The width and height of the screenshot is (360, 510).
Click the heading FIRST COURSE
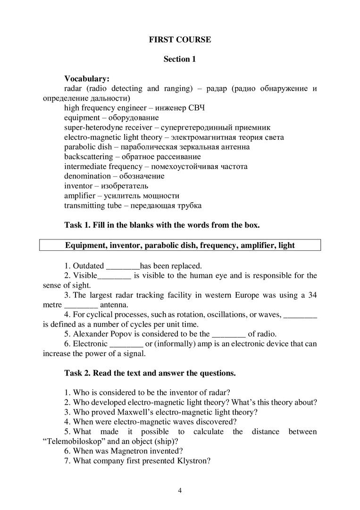tap(180, 40)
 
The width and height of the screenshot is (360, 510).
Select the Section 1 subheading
tap(179, 59)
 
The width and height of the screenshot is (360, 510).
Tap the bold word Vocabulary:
tap(87, 79)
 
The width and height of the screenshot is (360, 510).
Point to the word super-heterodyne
tap(92, 127)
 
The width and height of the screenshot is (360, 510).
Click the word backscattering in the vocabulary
tap(88, 157)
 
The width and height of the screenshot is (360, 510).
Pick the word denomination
tap(87, 176)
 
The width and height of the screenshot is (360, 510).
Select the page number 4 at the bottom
tap(180, 490)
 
